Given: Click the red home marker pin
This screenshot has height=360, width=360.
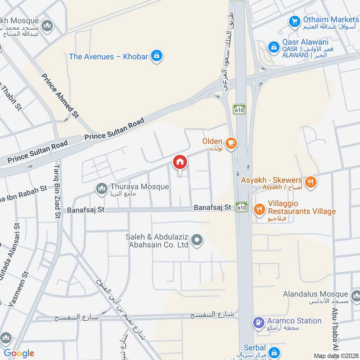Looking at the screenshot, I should (180, 162).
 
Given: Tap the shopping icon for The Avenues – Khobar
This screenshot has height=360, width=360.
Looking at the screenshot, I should (156, 56).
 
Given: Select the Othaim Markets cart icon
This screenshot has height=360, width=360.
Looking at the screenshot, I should (294, 21).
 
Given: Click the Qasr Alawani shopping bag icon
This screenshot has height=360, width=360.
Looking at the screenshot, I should (273, 47).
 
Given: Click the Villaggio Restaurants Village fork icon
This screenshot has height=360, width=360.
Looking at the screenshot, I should (259, 208).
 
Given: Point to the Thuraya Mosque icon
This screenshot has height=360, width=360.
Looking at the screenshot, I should (102, 189).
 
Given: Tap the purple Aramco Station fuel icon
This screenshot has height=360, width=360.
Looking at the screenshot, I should (259, 322).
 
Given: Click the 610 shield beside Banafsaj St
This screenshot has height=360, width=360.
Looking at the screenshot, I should (242, 207).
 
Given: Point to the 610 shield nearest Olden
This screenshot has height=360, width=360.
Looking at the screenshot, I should (239, 109).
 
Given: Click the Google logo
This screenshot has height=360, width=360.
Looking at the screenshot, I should (19, 353).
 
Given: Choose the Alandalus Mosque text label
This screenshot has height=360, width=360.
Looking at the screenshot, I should (315, 294).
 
